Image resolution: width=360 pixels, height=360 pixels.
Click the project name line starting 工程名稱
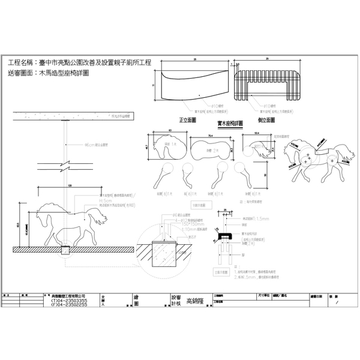tap(82, 62)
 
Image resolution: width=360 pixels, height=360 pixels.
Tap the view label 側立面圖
tap(266, 120)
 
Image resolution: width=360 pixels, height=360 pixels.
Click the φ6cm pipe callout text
tap(96, 145)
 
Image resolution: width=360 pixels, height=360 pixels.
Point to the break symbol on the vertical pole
tap(65, 163)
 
